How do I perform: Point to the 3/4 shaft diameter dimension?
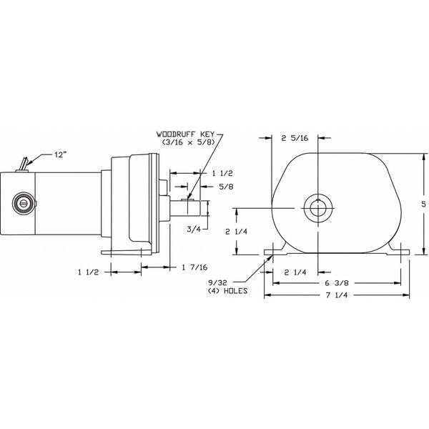click(193, 229)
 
